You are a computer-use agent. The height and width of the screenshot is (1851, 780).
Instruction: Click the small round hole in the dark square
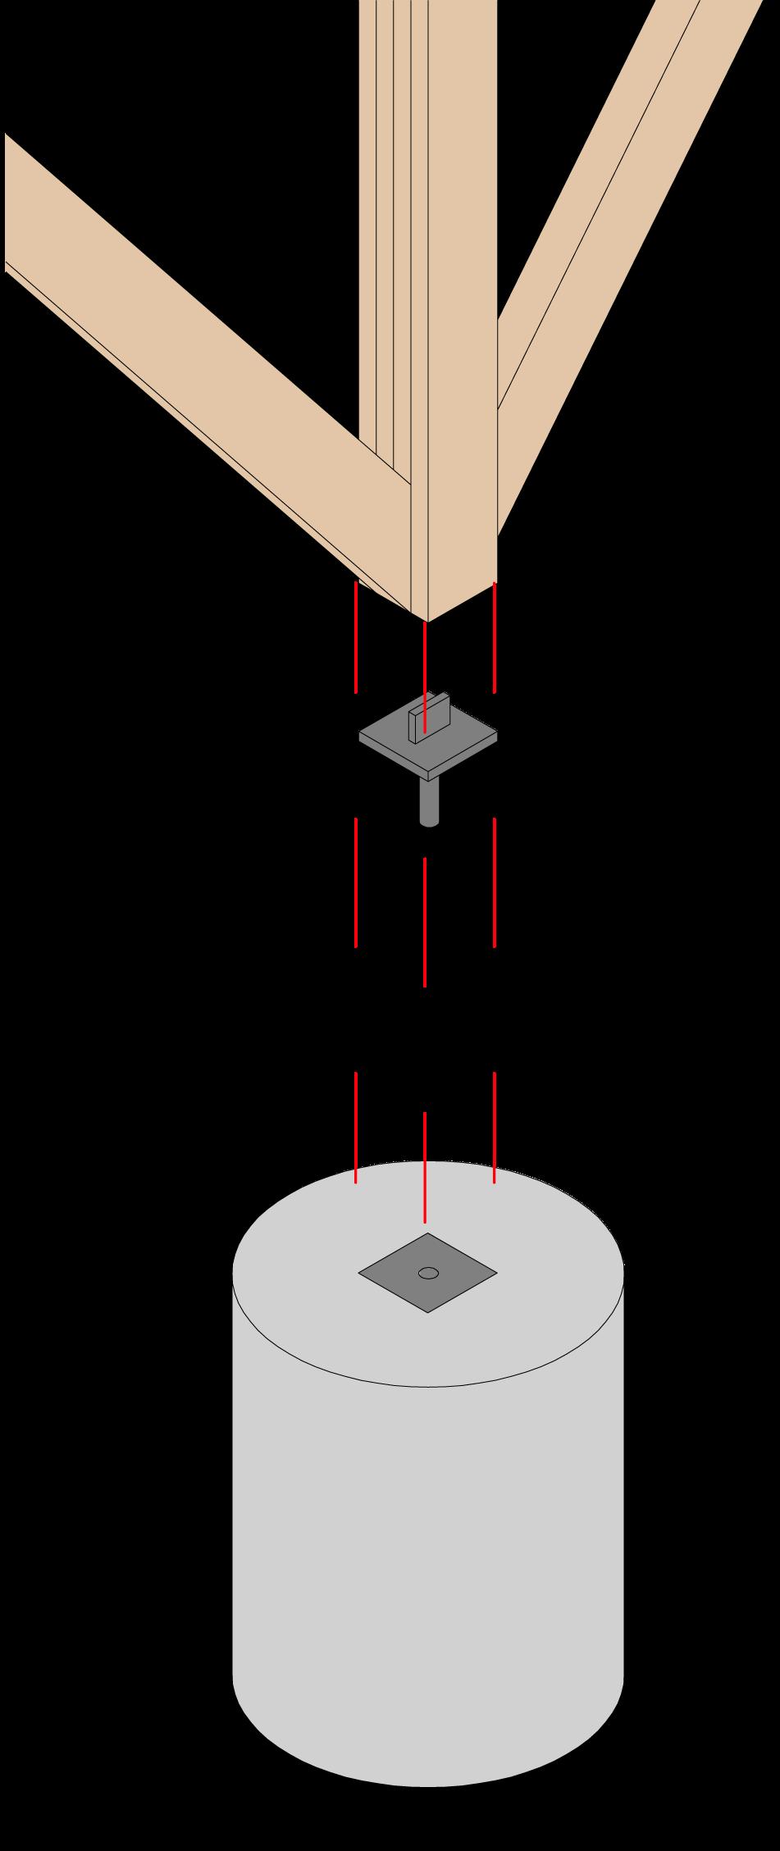(428, 1273)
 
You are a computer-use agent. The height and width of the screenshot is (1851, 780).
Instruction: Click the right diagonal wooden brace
(607, 246)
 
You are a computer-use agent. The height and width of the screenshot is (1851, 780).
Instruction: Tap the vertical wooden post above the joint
(459, 246)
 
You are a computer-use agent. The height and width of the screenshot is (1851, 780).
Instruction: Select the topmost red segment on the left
(355, 637)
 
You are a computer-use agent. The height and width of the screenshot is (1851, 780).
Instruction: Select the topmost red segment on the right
(494, 637)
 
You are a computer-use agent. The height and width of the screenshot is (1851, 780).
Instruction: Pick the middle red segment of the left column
(355, 882)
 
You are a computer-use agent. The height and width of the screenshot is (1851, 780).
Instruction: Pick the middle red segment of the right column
(494, 882)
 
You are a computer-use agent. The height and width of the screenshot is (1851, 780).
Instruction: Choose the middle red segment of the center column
(424, 922)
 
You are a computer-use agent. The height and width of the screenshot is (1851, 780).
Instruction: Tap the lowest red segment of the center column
(424, 1166)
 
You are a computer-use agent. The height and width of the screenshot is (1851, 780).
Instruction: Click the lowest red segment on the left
(355, 1127)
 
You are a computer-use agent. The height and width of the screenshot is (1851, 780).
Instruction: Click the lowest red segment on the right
(494, 1127)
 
